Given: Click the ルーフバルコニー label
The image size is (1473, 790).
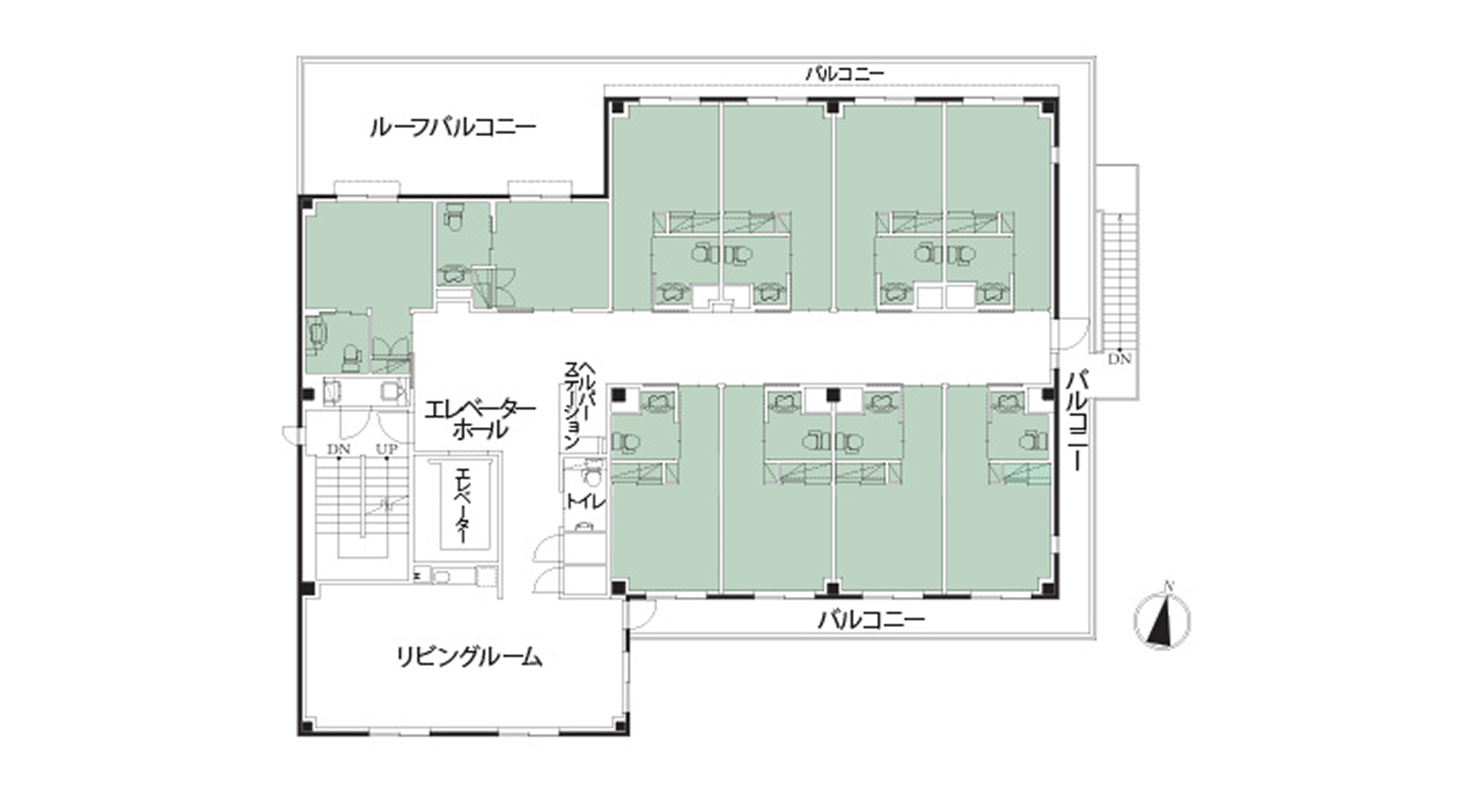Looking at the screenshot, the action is click(x=452, y=128).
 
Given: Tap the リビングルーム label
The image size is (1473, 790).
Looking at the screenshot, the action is click(x=469, y=657).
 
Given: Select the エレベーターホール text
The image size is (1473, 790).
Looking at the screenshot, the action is click(x=480, y=420).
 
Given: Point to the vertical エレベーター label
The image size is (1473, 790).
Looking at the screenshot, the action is click(x=461, y=506).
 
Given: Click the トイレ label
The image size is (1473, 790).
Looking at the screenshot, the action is click(x=585, y=502).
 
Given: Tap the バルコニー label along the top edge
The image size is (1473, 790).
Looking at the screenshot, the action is click(x=844, y=74).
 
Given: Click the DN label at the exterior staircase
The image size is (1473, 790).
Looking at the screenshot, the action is click(x=1120, y=359).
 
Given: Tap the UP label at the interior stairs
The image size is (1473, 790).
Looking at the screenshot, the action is click(x=387, y=449).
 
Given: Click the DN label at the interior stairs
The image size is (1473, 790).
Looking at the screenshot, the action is click(x=339, y=449).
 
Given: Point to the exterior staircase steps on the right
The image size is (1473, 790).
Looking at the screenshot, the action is click(x=1116, y=282).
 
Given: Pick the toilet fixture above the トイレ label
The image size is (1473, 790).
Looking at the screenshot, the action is click(x=588, y=474).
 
